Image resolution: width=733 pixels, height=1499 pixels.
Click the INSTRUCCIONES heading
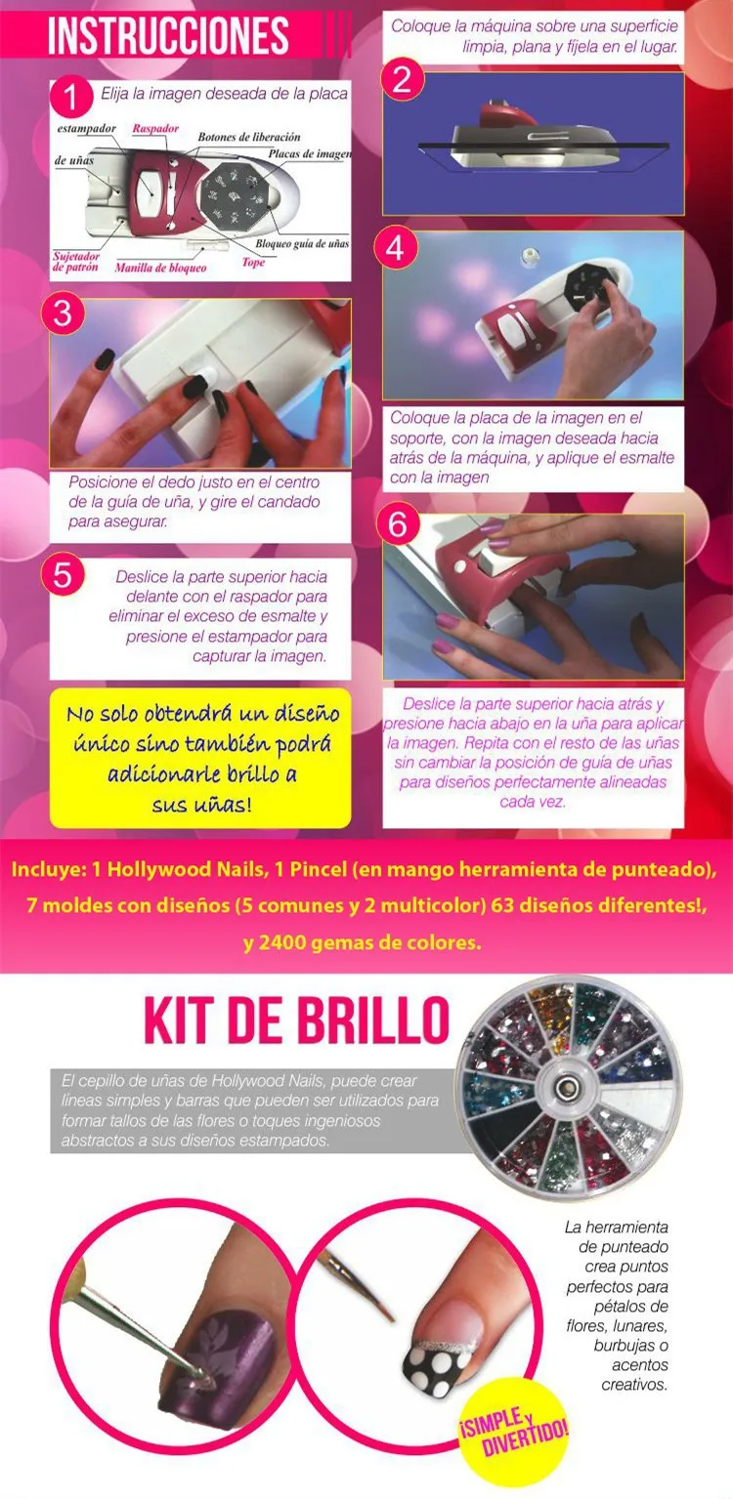pos(168,36)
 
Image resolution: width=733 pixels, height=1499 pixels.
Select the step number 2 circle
pos(402,80)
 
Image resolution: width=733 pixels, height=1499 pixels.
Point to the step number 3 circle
pos(63,312)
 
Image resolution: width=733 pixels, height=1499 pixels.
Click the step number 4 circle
pos(395,248)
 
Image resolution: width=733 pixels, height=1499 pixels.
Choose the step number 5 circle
pos(63,575)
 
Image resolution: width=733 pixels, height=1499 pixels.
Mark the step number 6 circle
pos(398,523)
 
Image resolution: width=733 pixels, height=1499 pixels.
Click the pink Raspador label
pos(155,129)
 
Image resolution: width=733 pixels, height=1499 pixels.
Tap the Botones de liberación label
pos(249,137)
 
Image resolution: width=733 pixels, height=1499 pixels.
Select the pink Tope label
pos(253,263)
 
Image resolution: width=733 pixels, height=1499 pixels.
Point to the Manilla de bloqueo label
pos(161,269)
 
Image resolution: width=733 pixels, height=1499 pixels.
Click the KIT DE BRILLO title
pos(296,1020)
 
